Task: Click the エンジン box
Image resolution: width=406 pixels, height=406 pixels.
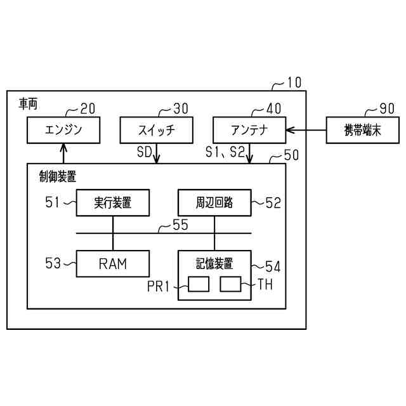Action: click(x=63, y=131)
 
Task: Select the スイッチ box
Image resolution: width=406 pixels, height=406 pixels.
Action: click(x=156, y=131)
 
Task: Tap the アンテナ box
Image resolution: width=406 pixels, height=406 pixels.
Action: click(x=249, y=131)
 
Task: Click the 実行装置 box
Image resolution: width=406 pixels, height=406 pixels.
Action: click(x=113, y=203)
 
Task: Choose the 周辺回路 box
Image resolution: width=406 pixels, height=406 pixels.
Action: click(x=214, y=203)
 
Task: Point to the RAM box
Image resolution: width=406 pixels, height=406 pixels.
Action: click(x=113, y=263)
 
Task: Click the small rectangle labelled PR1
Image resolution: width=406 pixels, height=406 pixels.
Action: click(x=199, y=285)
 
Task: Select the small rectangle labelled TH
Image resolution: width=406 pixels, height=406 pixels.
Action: click(x=230, y=285)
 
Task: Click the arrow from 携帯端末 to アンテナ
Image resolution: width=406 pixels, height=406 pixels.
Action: click(x=306, y=131)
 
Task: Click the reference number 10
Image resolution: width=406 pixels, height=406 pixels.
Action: click(x=294, y=82)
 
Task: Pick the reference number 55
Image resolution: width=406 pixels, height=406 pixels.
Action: click(x=181, y=225)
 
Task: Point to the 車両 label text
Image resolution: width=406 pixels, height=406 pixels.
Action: click(x=28, y=103)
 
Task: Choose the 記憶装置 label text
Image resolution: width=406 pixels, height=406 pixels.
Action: click(x=214, y=262)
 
